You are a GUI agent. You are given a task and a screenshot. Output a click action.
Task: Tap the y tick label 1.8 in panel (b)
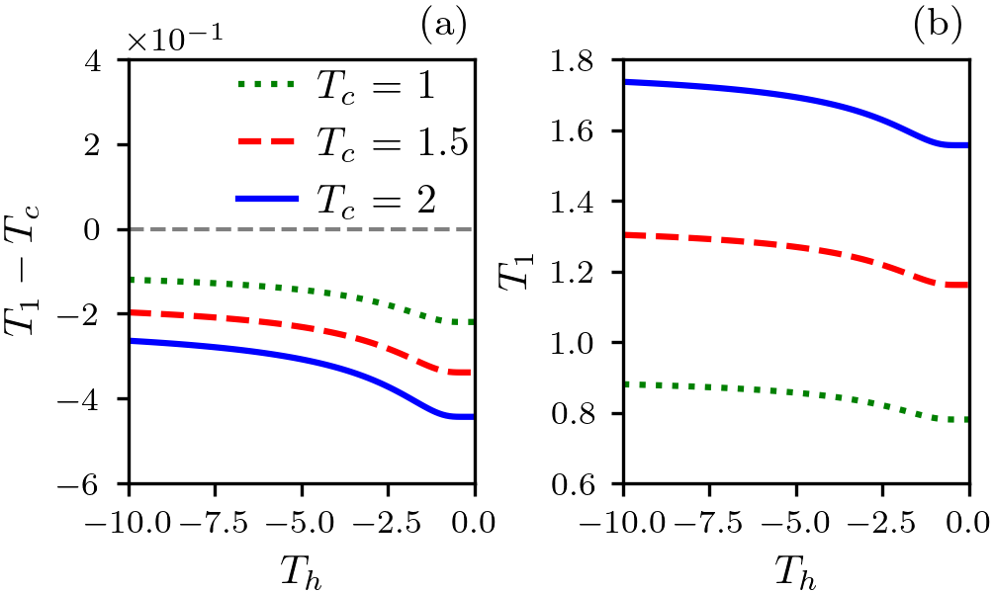(x=588, y=60)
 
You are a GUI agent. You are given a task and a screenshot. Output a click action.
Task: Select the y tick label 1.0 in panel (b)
(x=588, y=343)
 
